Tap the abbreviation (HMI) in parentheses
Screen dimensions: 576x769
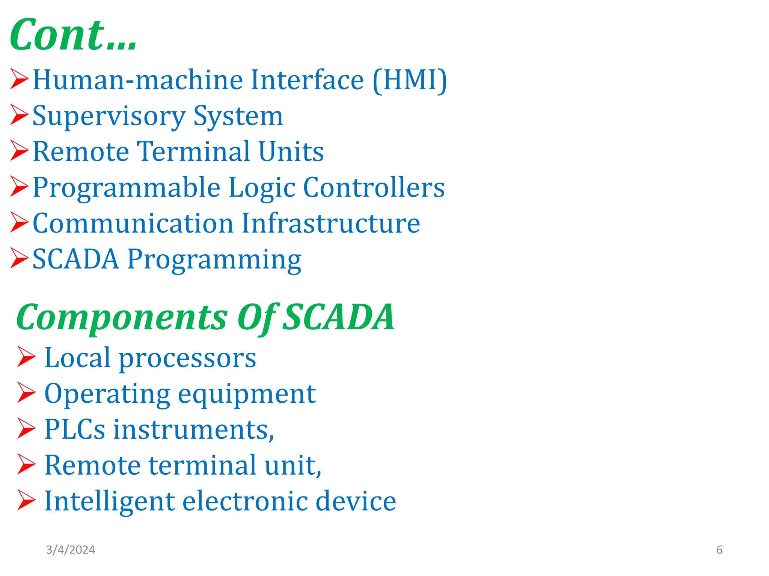click(410, 80)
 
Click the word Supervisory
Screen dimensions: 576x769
click(109, 116)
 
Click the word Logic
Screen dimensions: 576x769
click(261, 187)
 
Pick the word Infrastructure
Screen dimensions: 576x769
click(330, 223)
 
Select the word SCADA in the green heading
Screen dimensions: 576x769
click(338, 317)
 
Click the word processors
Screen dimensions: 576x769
click(187, 358)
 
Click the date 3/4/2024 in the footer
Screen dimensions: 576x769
click(71, 550)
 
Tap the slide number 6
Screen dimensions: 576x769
click(719, 550)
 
